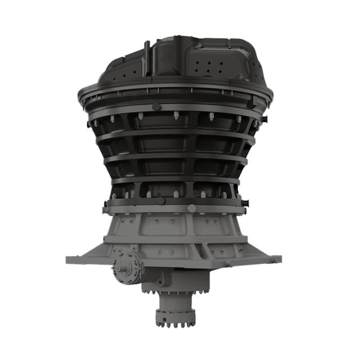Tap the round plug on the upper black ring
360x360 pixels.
pos(156,107)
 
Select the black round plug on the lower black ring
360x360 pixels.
pos(161,201)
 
